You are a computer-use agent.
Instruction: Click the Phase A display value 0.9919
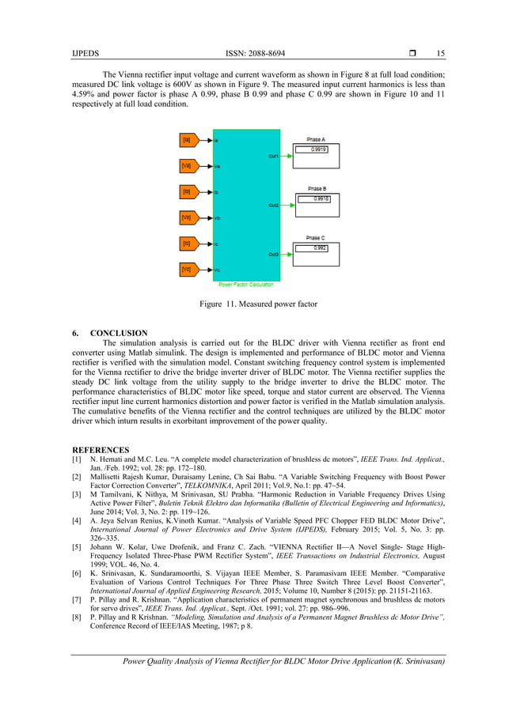(x=318, y=149)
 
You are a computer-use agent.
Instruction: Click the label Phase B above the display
(x=317, y=188)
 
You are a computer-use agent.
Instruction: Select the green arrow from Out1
(x=287, y=157)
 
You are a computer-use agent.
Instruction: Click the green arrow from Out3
(x=287, y=255)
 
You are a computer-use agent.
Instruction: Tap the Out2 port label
(x=273, y=206)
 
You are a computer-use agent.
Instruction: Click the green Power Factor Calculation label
(x=247, y=284)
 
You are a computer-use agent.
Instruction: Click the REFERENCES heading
(x=101, y=448)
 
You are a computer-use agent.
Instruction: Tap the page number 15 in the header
(x=440, y=53)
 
